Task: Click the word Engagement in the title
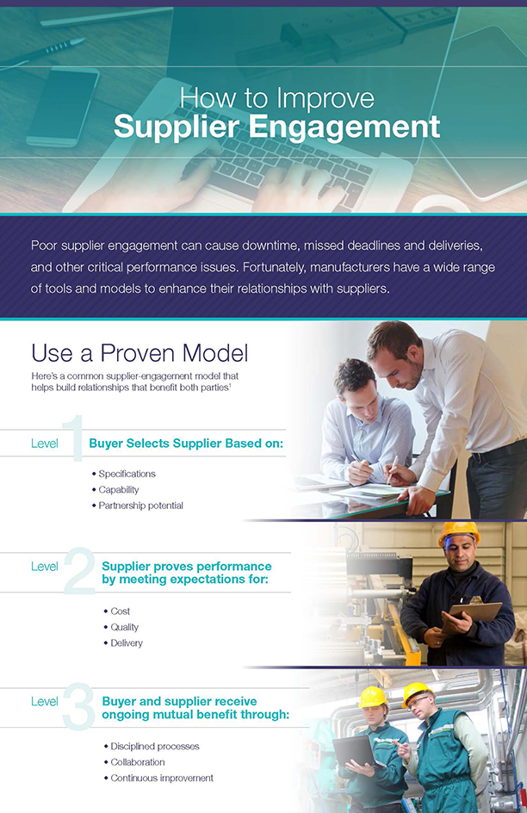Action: (x=344, y=127)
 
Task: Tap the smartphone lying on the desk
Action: (x=63, y=106)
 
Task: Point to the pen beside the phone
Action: (x=41, y=53)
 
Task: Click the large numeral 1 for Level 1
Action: (x=74, y=438)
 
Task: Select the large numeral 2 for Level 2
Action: (x=80, y=570)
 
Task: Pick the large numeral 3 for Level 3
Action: (x=78, y=706)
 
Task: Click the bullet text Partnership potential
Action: (x=141, y=506)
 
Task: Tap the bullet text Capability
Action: (x=119, y=489)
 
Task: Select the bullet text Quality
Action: (x=124, y=627)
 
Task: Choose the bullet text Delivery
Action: (x=127, y=643)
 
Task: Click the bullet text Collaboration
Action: (x=138, y=762)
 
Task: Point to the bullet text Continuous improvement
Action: (x=162, y=779)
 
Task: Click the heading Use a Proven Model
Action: (x=139, y=353)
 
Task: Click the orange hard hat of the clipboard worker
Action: (x=459, y=533)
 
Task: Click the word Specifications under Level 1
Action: (x=127, y=474)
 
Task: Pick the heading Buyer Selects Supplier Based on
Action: (x=186, y=444)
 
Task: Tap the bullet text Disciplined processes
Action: (x=155, y=747)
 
